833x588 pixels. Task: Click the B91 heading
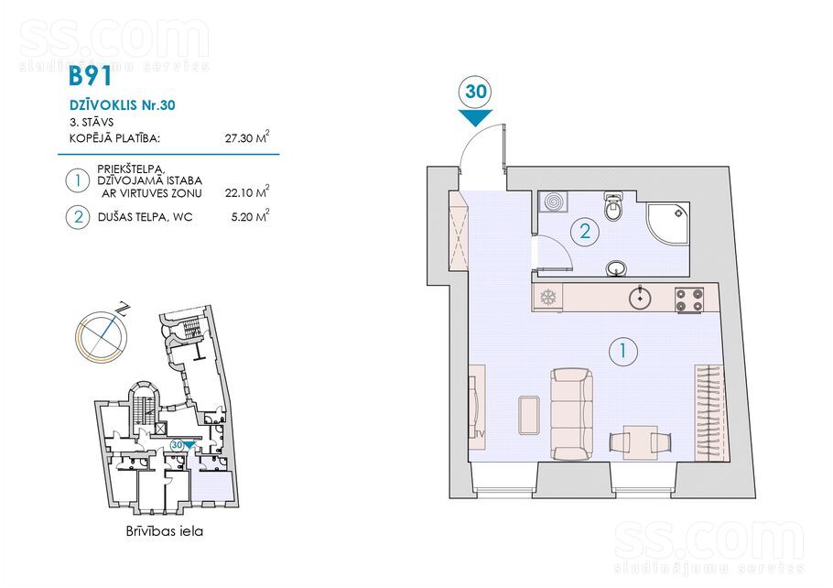pyautogui.click(x=91, y=76)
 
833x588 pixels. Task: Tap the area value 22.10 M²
pyautogui.click(x=247, y=192)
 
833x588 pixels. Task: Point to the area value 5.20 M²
pyautogui.click(x=250, y=216)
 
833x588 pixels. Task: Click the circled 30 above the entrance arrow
pyautogui.click(x=475, y=92)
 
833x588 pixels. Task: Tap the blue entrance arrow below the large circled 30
pyautogui.click(x=475, y=117)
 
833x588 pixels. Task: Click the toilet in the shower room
pyautogui.click(x=613, y=207)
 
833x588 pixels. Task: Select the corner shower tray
pyautogui.click(x=667, y=223)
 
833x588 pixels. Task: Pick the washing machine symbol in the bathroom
pyautogui.click(x=553, y=202)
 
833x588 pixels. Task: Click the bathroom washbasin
pyautogui.click(x=616, y=269)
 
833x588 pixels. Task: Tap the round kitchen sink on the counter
pyautogui.click(x=641, y=297)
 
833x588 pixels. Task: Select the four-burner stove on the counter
pyautogui.click(x=689, y=299)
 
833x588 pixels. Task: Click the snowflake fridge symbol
pyautogui.click(x=547, y=297)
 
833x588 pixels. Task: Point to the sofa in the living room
pyautogui.click(x=571, y=414)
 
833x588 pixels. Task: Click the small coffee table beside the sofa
pyautogui.click(x=530, y=415)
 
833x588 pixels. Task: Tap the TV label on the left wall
pyautogui.click(x=480, y=434)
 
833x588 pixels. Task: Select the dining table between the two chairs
pyautogui.click(x=640, y=442)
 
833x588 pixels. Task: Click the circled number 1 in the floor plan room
pyautogui.click(x=623, y=351)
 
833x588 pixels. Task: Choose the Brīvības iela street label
pyautogui.click(x=165, y=530)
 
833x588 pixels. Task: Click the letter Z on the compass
pyautogui.click(x=124, y=309)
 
